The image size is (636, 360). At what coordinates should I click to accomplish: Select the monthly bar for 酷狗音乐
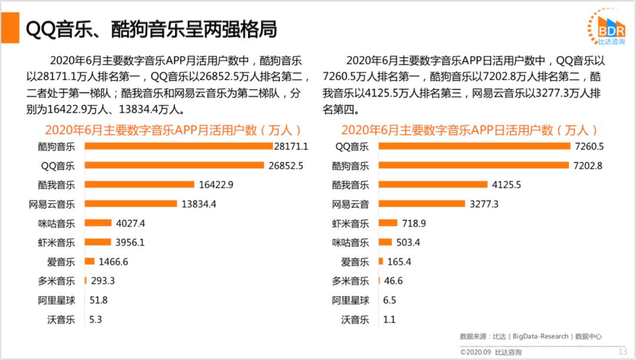click(x=178, y=146)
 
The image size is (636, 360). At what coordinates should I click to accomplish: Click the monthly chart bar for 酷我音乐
click(x=140, y=184)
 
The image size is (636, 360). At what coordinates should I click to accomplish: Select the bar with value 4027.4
click(x=98, y=223)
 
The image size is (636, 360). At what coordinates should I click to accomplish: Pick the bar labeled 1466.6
click(x=90, y=261)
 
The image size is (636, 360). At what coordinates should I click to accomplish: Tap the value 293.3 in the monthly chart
click(x=102, y=280)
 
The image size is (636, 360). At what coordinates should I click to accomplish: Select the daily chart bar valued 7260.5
click(x=474, y=146)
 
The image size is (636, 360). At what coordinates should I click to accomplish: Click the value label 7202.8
click(x=588, y=166)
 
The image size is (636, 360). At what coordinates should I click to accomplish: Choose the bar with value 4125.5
click(x=432, y=184)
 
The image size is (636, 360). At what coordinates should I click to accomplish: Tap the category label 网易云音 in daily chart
click(x=350, y=204)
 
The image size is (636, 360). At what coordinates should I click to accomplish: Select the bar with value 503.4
click(x=385, y=242)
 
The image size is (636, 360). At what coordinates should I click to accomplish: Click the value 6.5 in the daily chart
click(x=389, y=300)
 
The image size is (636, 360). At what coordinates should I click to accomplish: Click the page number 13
click(x=622, y=352)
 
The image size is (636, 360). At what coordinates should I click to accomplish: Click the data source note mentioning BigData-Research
click(x=531, y=336)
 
